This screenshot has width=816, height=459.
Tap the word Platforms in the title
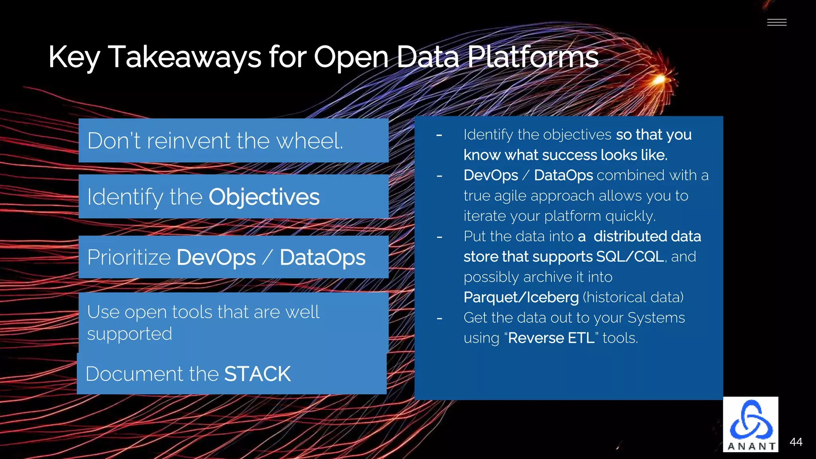[532, 57]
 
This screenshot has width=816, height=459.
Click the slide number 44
[796, 442]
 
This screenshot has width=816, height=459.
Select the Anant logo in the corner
[751, 424]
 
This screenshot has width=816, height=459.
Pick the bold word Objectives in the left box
[264, 197]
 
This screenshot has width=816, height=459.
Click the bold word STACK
[257, 374]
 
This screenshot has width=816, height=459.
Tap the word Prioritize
[129, 257]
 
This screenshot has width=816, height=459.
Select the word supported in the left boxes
[129, 333]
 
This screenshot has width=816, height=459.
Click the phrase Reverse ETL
[551, 338]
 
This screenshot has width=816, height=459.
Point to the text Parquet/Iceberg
[521, 297]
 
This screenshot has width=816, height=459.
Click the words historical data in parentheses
[633, 297]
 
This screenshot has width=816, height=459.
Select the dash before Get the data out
[439, 318]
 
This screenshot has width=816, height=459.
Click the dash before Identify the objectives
[439, 135]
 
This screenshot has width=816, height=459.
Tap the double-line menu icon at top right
[777, 22]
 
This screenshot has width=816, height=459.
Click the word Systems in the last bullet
[656, 318]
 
